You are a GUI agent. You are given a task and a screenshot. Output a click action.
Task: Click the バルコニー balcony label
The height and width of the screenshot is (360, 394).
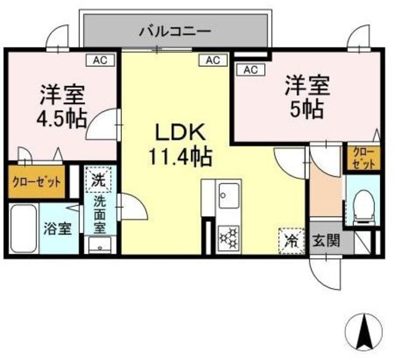175,30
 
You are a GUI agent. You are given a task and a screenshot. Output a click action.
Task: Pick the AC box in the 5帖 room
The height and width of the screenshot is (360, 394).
249,70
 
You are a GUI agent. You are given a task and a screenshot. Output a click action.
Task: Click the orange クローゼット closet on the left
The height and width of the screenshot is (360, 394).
38,182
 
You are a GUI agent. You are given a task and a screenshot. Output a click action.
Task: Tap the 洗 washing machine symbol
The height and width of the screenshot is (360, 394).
99,181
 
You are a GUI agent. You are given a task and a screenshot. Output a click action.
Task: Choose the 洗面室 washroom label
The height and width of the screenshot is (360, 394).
99,213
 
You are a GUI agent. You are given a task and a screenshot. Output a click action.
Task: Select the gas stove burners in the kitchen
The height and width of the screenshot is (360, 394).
228,237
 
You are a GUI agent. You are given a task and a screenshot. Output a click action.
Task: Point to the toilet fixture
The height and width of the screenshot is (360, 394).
364,206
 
